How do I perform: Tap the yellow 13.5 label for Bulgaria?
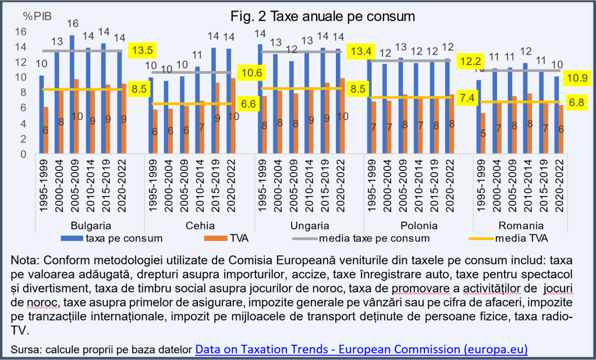(141, 51)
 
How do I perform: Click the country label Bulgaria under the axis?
(89, 226)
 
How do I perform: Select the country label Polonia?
(418, 226)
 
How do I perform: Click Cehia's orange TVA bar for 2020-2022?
(234, 116)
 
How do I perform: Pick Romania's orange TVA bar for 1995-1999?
(483, 133)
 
